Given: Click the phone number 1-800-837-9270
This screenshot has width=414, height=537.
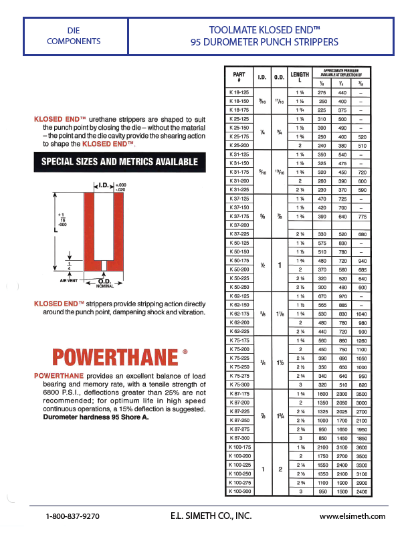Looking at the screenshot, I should point(72,516).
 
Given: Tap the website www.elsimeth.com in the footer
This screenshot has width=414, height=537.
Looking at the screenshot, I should point(352,516).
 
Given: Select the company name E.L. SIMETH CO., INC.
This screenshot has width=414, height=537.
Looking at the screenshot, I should point(211,516).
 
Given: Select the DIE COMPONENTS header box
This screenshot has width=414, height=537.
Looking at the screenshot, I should point(74,36).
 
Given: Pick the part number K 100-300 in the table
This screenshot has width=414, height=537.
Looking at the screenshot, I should point(239,492).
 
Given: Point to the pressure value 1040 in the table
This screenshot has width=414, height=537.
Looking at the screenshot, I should point(361,314).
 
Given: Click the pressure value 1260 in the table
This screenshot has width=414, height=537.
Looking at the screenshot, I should point(361,340).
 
